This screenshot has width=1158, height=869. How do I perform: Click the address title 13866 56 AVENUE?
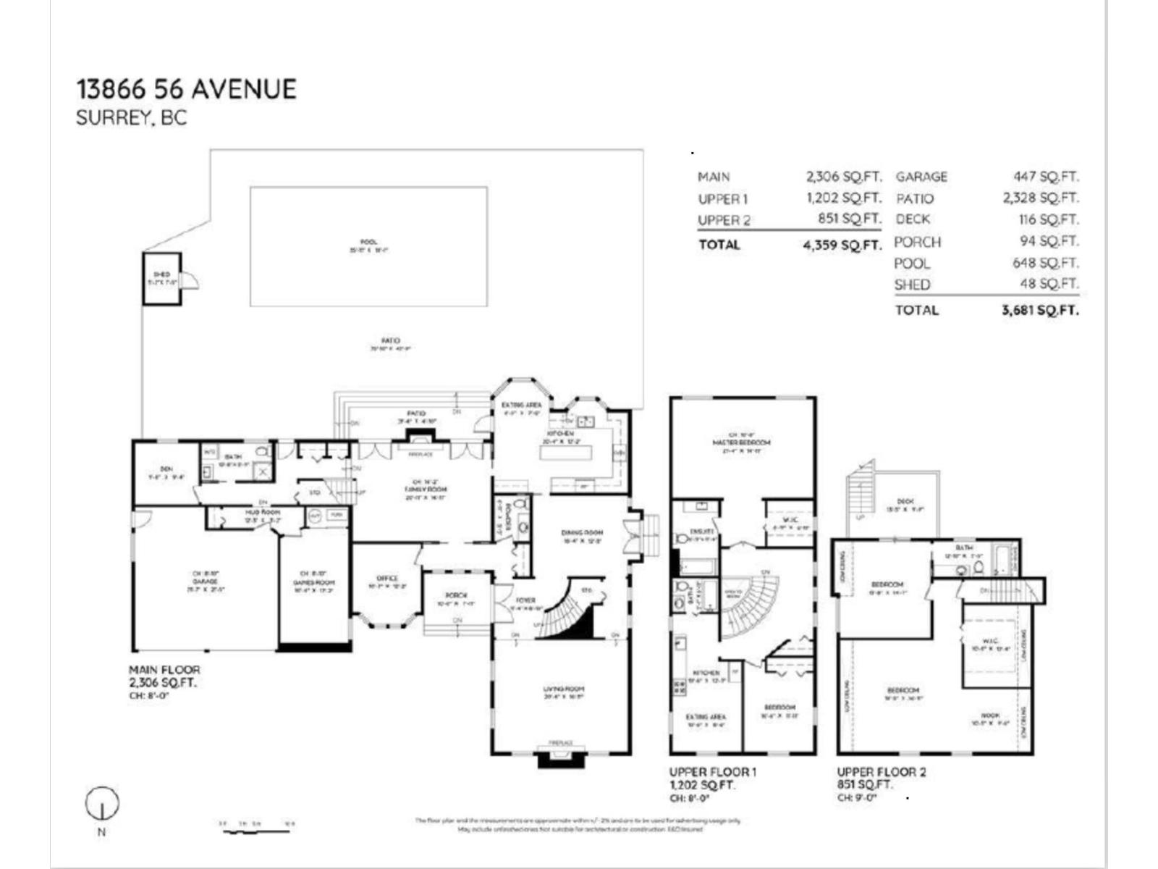[186, 89]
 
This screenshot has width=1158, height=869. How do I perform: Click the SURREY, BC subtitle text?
[131, 118]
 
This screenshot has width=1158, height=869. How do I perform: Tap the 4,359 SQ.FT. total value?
[842, 245]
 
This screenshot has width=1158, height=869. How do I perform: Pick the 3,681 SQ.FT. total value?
[1039, 310]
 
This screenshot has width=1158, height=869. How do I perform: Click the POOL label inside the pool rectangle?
[368, 243]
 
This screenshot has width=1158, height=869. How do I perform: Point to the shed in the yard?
[162, 278]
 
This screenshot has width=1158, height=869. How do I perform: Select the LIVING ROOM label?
[564, 689]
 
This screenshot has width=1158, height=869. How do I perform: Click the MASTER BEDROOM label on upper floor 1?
[741, 442]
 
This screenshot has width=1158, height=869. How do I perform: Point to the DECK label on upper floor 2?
[905, 501]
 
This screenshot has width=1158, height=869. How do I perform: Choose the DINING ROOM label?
[581, 533]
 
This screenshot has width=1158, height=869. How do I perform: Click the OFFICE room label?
[387, 578]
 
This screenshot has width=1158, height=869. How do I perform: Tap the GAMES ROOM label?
[313, 582]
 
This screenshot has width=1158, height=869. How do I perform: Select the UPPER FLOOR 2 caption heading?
[881, 772]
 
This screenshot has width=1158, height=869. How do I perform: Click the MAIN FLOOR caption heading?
[164, 670]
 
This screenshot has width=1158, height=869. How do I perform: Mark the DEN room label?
[166, 469]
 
